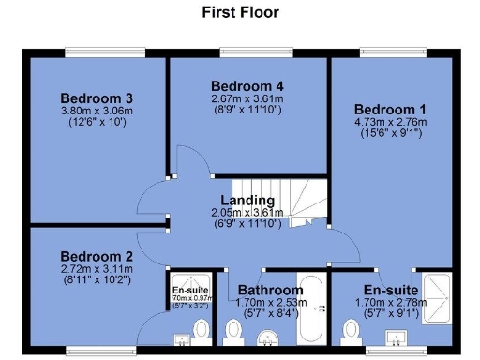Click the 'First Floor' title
(x=240, y=13)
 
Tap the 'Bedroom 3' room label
(x=97, y=98)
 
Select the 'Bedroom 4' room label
(x=247, y=85)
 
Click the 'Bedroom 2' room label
(x=97, y=256)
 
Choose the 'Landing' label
(x=247, y=201)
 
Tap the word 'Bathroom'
(x=269, y=290)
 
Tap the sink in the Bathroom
(x=271, y=337)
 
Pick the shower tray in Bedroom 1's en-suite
(x=438, y=297)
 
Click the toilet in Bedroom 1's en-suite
(x=352, y=331)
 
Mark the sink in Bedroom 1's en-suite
(x=391, y=337)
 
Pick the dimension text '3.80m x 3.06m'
(x=97, y=111)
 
